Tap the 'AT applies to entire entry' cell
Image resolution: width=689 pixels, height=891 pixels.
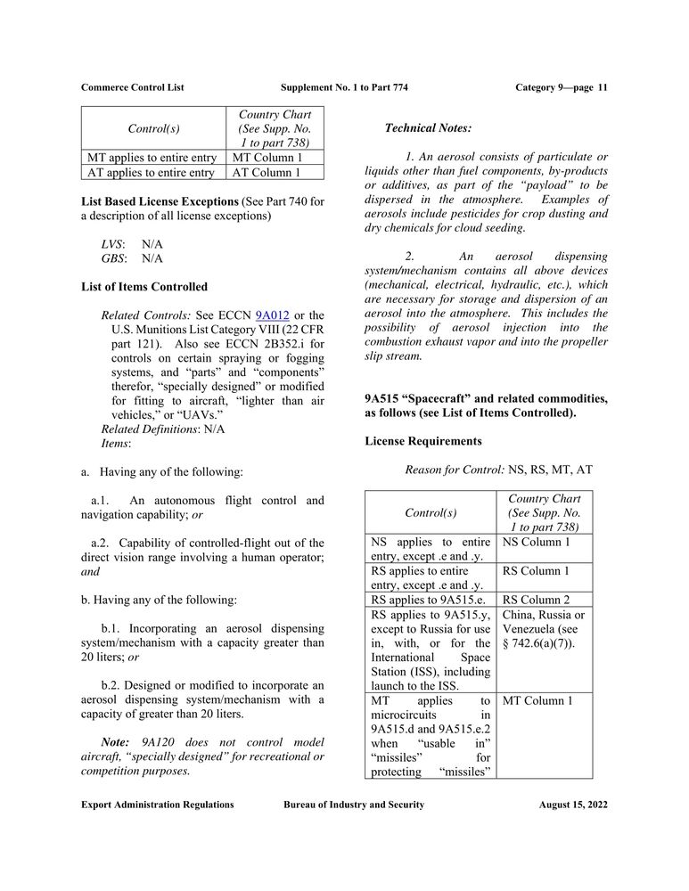[151, 173]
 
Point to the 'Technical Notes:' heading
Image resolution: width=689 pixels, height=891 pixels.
[428, 128]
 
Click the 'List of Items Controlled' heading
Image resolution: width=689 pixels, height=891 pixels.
[144, 287]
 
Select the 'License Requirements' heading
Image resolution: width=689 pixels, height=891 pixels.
[423, 441]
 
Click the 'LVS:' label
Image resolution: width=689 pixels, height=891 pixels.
[113, 244]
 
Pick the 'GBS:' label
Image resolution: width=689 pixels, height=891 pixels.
[113, 258]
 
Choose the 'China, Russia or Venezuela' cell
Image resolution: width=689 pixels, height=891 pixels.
[544, 629]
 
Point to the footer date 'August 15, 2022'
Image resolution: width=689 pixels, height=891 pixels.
[573, 805]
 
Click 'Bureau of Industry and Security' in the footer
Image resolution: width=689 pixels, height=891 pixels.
[354, 805]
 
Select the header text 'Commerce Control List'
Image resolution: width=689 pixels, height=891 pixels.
[133, 87]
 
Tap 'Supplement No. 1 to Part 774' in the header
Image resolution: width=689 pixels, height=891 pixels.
[344, 87]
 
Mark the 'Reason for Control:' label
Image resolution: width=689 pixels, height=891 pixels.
[455, 469]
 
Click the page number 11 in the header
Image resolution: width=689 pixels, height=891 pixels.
[603, 87]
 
